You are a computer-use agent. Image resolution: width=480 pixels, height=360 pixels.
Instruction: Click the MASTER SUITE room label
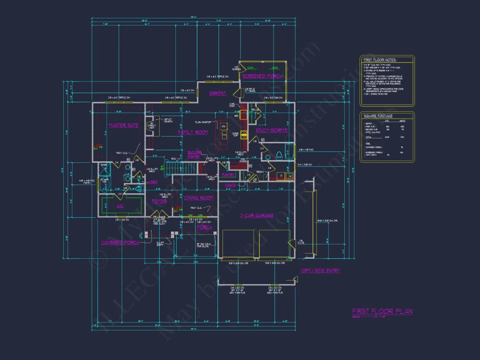(123, 125)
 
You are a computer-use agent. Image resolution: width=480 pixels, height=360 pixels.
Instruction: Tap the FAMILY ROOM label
(193, 132)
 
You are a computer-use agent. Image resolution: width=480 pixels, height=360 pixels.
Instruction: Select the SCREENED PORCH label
(262, 76)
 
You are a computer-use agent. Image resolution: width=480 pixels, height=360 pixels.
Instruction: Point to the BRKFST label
(218, 93)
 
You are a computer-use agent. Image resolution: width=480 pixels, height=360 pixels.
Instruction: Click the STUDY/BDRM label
(272, 130)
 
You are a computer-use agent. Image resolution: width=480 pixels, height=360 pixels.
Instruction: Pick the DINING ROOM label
(198, 198)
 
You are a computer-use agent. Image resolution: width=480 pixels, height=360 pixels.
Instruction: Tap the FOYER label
(159, 201)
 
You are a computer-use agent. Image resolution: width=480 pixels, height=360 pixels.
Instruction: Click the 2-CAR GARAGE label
(257, 215)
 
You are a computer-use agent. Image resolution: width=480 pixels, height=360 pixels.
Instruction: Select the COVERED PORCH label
(120, 243)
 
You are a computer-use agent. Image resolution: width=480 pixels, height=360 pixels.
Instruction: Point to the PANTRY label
(228, 175)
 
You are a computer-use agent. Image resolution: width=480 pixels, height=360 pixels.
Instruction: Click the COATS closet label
(230, 185)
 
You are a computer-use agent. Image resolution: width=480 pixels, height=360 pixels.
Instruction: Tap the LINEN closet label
(153, 182)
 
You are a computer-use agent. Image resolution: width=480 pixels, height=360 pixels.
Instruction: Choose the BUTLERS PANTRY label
(195, 154)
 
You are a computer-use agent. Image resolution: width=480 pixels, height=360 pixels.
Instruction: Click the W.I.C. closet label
(121, 206)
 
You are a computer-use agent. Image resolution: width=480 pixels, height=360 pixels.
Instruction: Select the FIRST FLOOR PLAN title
(382, 311)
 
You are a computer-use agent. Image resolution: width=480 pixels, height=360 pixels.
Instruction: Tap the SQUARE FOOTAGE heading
(378, 116)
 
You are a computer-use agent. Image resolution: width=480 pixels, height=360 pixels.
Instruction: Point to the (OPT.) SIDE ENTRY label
(320, 271)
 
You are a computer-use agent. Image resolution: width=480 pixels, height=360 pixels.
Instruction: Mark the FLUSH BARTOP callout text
(204, 122)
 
